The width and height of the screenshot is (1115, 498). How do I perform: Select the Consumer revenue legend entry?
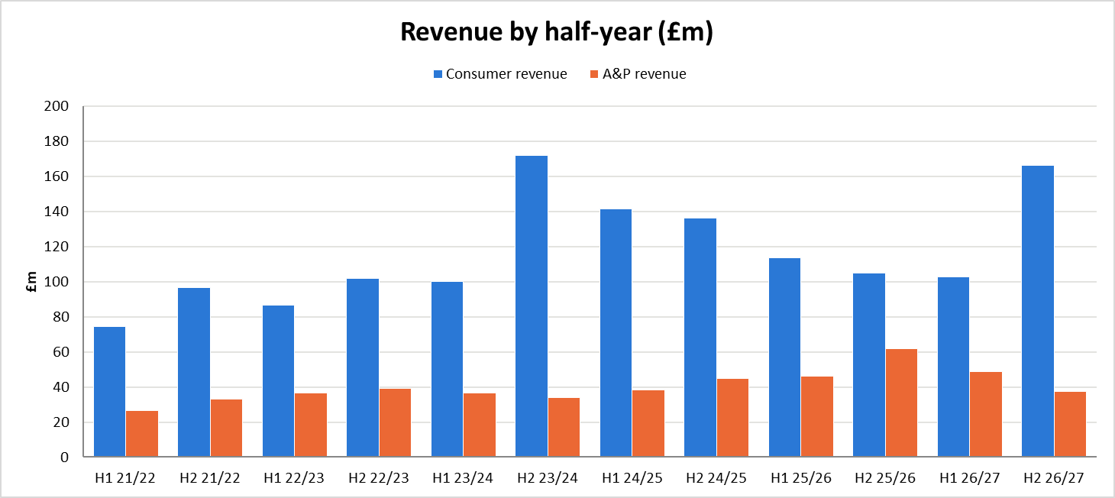pyautogui.click(x=500, y=74)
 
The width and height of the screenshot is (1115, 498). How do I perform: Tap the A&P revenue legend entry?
pyautogui.click(x=638, y=74)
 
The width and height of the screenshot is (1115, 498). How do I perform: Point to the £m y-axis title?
pyautogui.click(x=31, y=282)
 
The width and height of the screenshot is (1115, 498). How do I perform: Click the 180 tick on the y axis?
pyautogui.click(x=57, y=141)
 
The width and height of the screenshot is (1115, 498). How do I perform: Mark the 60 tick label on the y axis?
pyautogui.click(x=61, y=352)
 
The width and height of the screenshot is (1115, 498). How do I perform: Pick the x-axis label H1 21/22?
pyautogui.click(x=125, y=478)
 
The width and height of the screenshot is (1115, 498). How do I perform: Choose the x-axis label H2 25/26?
pyautogui.click(x=885, y=478)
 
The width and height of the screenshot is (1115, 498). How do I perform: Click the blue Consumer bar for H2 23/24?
pyautogui.click(x=532, y=306)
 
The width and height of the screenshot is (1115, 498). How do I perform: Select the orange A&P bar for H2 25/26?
pyautogui.click(x=901, y=403)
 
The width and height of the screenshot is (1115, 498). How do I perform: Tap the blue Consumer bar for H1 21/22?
pyautogui.click(x=109, y=392)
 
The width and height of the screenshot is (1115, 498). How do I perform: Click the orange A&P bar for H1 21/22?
pyautogui.click(x=142, y=434)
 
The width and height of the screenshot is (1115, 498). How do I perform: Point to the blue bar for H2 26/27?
pyautogui.click(x=1038, y=312)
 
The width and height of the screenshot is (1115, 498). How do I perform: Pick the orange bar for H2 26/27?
pyautogui.click(x=1070, y=425)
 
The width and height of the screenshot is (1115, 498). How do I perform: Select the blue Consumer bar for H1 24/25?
pyautogui.click(x=616, y=333)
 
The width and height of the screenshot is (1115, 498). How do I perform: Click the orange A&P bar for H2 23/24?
pyautogui.click(x=564, y=427)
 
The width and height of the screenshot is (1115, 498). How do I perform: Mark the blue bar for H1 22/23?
pyautogui.click(x=278, y=381)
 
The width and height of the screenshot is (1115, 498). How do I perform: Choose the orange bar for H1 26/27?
pyautogui.click(x=986, y=414)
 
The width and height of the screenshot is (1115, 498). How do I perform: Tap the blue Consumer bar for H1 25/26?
pyautogui.click(x=784, y=357)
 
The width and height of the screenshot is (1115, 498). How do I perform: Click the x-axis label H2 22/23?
pyautogui.click(x=378, y=478)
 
